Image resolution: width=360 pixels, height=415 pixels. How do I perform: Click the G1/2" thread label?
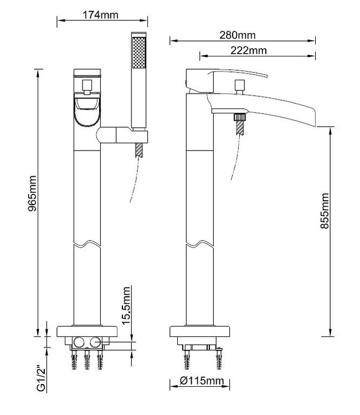[40, 378]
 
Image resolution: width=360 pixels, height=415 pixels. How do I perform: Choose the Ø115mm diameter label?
[200, 381]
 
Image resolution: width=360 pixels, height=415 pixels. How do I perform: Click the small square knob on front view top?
[87, 85]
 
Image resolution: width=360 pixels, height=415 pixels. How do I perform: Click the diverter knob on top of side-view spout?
[240, 86]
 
